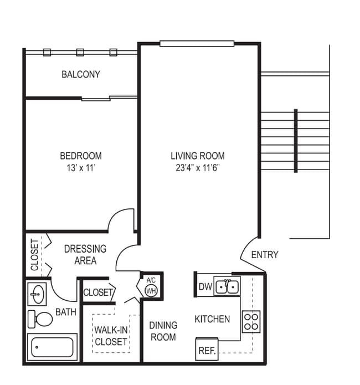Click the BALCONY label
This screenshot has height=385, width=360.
81,74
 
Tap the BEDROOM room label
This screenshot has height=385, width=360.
81,156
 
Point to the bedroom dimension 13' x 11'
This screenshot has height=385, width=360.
81,167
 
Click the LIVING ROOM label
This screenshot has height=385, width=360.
197,156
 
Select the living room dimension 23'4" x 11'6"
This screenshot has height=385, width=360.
197,167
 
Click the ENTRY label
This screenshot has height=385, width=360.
265,255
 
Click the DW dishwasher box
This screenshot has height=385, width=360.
204,287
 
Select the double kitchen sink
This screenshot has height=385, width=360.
227,286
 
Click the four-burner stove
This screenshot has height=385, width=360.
251,321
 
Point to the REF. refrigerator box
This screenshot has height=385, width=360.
207,351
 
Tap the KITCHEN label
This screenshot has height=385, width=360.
212,319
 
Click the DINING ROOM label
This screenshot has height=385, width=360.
163,331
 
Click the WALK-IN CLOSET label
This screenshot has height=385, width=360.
111,336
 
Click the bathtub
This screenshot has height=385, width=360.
53,347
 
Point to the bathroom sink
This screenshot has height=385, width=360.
38,294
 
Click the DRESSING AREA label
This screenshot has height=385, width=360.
85,255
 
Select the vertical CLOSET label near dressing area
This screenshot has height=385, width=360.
35,254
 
